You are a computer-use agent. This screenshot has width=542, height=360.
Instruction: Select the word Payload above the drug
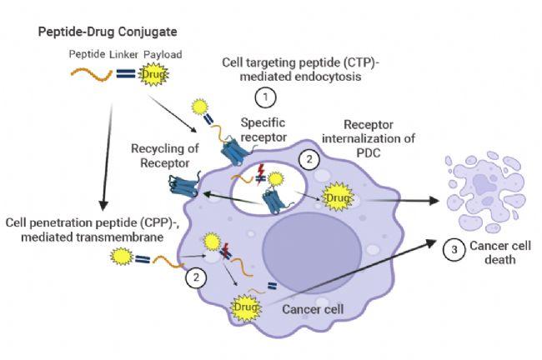163,54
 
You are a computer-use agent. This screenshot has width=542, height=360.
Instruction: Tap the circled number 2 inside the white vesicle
308,157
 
